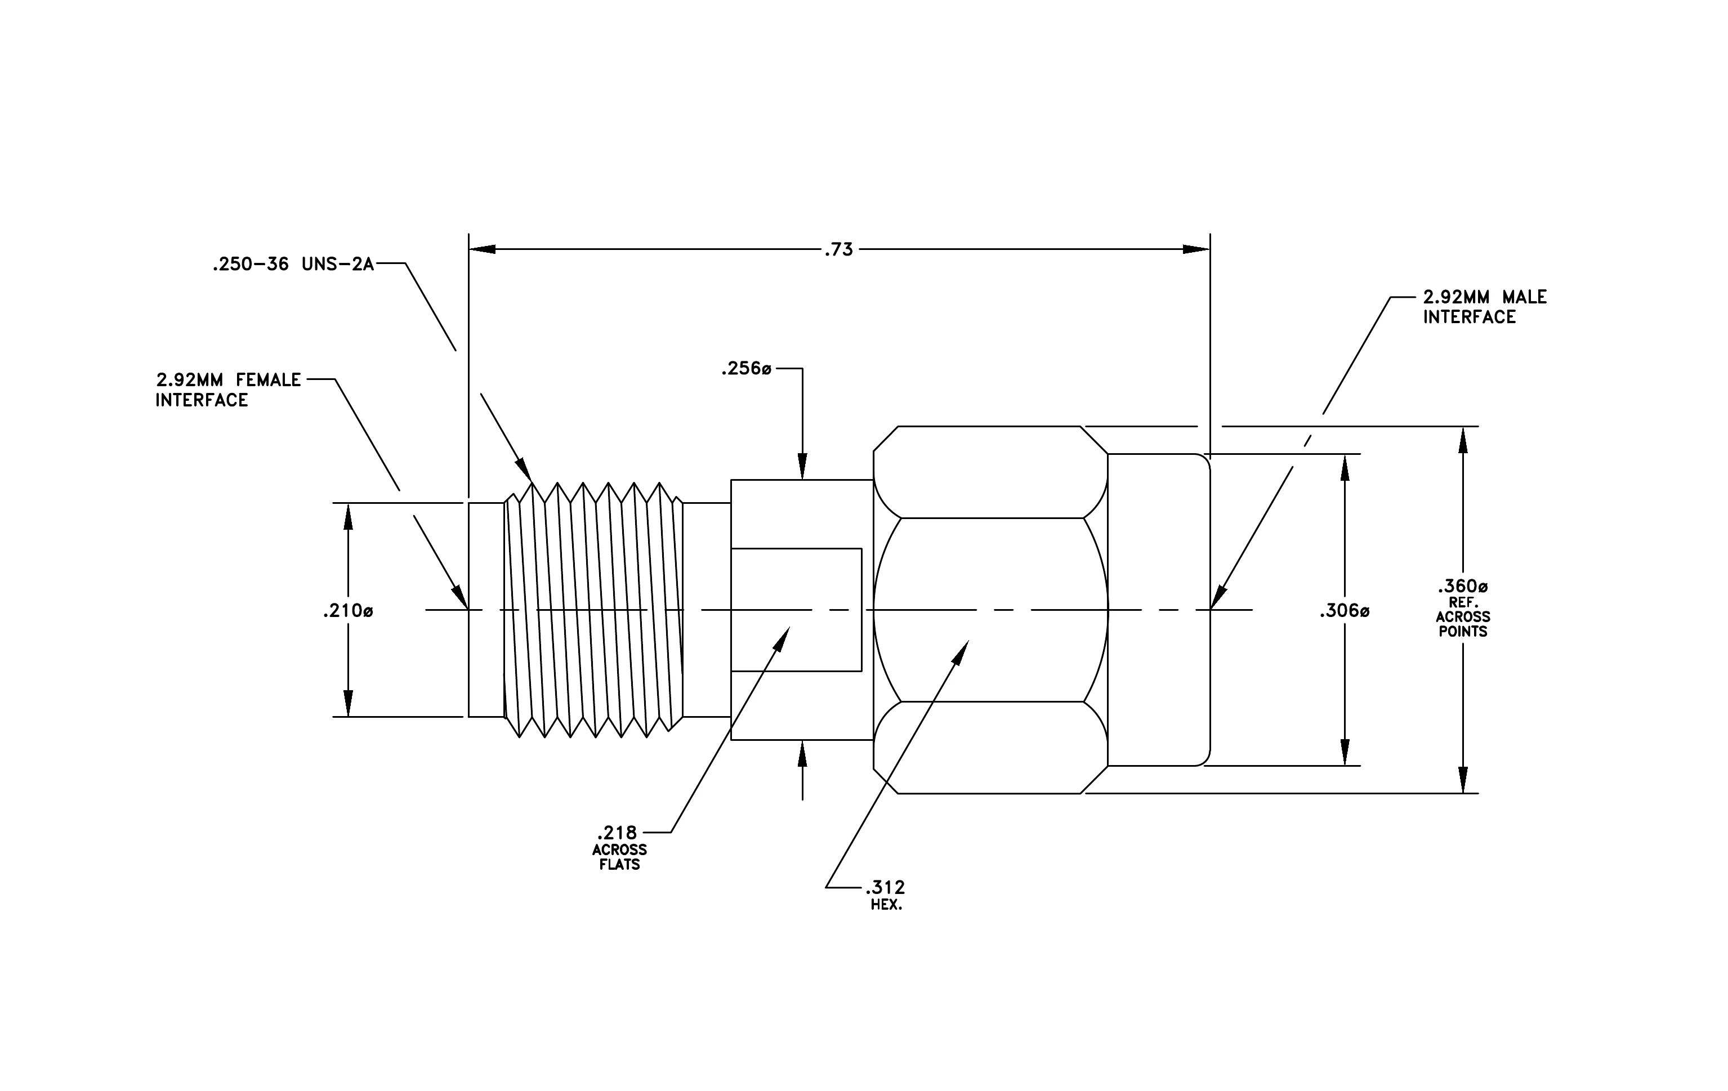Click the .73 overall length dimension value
(838, 249)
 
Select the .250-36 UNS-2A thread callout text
(293, 265)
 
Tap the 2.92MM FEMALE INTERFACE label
(228, 390)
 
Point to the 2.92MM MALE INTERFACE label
(1485, 307)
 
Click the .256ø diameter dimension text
(746, 369)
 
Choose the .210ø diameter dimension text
(348, 611)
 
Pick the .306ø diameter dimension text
(1344, 611)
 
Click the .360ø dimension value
(1462, 587)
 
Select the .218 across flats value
(617, 833)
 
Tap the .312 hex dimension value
(886, 888)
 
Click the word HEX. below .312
(886, 905)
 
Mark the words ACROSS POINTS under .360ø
(1462, 624)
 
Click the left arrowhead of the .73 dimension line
(482, 249)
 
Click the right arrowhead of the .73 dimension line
(1196, 249)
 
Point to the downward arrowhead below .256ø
(802, 466)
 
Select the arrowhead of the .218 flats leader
(782, 638)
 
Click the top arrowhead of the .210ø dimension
(348, 516)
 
